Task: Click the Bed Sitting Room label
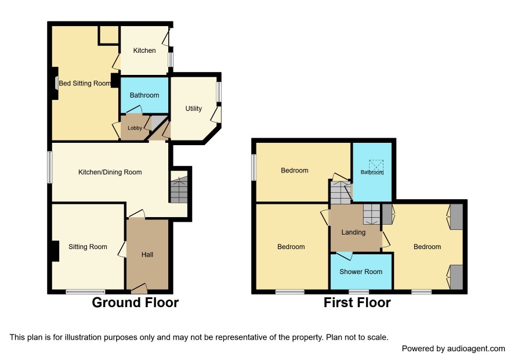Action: (85, 84)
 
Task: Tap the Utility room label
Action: (193, 109)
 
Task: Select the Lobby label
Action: (135, 128)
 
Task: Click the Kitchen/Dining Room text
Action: (110, 172)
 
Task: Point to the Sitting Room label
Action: (88, 247)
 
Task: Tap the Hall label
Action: (147, 254)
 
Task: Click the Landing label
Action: (353, 232)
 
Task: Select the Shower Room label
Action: (361, 272)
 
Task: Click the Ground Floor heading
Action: (135, 303)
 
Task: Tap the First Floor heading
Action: (357, 303)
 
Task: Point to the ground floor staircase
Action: (179, 190)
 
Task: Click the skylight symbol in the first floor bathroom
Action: (376, 165)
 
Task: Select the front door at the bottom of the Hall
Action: (139, 289)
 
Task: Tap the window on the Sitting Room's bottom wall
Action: (85, 291)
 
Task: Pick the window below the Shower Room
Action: (359, 291)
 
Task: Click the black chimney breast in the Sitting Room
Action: (55, 251)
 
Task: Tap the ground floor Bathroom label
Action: (144, 95)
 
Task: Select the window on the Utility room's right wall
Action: (219, 92)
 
